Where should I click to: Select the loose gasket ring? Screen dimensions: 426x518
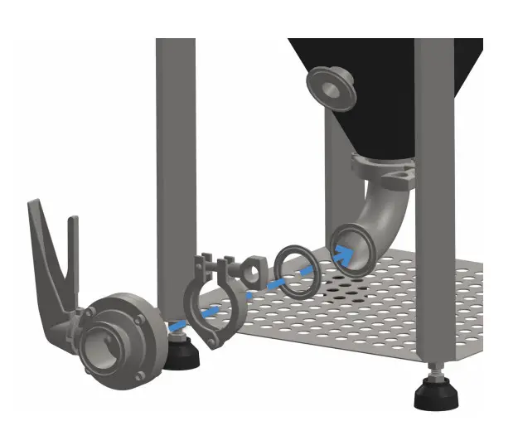[294, 270]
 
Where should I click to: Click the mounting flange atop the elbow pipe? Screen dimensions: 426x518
[385, 170]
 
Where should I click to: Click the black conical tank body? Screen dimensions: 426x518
[390, 91]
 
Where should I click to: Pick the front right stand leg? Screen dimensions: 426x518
[434, 207]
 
